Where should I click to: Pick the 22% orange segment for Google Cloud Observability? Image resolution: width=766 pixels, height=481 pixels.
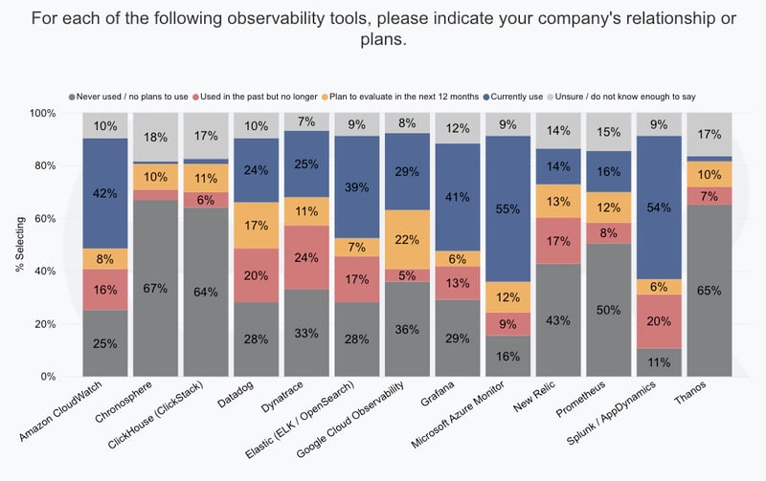coord(406,239)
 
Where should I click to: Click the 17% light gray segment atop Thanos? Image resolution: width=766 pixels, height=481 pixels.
coord(710,134)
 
